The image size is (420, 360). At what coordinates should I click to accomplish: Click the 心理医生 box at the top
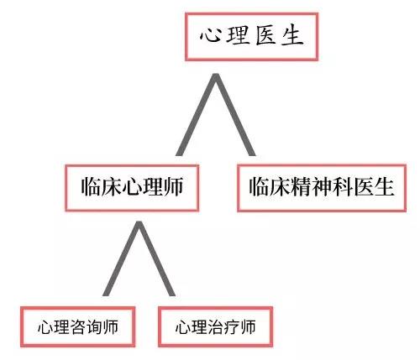click(251, 37)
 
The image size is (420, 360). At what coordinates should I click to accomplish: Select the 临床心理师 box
click(132, 188)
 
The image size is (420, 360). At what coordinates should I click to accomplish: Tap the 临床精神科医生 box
click(322, 188)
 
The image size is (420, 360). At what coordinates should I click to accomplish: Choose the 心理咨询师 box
click(78, 326)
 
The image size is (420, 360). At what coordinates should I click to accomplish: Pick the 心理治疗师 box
click(215, 326)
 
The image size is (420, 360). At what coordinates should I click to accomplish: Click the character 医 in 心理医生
click(265, 36)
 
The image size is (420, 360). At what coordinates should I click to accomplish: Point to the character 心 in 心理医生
click(210, 35)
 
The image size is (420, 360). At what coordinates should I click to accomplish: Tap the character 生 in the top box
click(291, 36)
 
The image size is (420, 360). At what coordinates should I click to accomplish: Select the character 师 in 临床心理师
click(174, 186)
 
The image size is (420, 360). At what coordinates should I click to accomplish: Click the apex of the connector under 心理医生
click(216, 75)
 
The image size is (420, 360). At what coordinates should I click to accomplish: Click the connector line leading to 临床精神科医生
click(235, 115)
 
